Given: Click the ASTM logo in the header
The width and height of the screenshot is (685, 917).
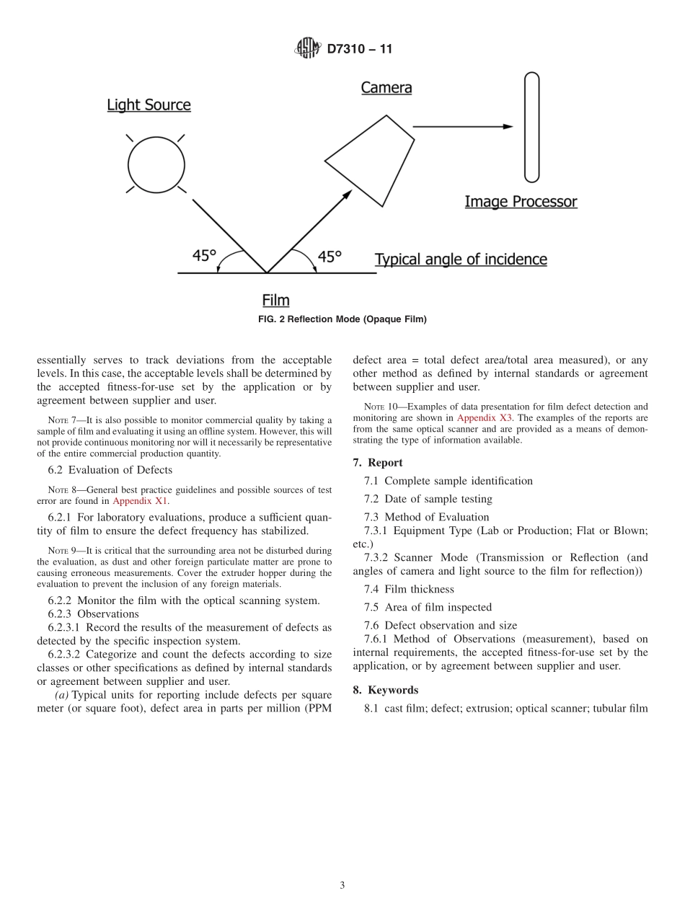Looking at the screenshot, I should pyautogui.click(x=306, y=48).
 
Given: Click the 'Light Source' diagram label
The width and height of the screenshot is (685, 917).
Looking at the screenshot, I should pyautogui.click(x=149, y=105).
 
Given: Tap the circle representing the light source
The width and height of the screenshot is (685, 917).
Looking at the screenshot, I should pyautogui.click(x=156, y=165).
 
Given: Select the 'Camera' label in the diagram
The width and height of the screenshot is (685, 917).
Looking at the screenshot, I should pyautogui.click(x=386, y=88).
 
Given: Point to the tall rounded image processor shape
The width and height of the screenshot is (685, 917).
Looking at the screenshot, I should pyautogui.click(x=531, y=127).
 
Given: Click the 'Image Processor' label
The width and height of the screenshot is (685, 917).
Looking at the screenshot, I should pyautogui.click(x=521, y=202).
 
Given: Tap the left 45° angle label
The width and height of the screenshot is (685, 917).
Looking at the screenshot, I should pyautogui.click(x=205, y=256).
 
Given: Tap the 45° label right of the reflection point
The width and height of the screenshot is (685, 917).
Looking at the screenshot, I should pyautogui.click(x=330, y=257).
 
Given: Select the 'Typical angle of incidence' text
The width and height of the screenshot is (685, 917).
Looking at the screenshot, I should pyautogui.click(x=461, y=260).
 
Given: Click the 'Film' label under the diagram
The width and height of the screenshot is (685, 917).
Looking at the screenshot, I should pyautogui.click(x=275, y=301).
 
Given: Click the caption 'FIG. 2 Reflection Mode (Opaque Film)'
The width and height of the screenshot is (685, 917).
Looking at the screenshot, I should pyautogui.click(x=342, y=319).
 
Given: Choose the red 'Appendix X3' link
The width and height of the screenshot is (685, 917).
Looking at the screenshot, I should pyautogui.click(x=485, y=417).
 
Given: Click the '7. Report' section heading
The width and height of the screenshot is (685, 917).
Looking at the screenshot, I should pyautogui.click(x=378, y=463).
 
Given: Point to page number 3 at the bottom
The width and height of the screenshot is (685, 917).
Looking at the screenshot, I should pyautogui.click(x=342, y=885).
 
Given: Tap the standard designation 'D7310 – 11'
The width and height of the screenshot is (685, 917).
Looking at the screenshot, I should pyautogui.click(x=359, y=49).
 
